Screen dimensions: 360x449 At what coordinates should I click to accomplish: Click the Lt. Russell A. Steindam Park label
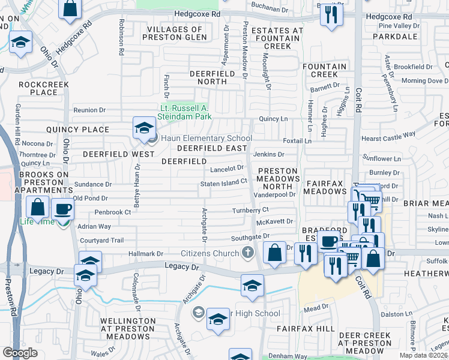coord(185,112)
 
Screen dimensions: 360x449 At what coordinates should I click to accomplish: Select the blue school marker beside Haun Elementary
coord(144,129)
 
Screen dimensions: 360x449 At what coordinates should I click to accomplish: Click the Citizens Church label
coord(209,253)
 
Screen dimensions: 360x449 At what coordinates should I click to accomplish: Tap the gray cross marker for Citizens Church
coord(247,253)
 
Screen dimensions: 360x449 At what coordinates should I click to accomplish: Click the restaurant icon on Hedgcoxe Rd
coord(330,14)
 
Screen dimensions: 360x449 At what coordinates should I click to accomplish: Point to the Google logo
coord(20,353)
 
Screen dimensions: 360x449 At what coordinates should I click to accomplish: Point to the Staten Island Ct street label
coord(224,183)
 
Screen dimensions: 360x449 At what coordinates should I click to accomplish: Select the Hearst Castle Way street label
coord(388,139)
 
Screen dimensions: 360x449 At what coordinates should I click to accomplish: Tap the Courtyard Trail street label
coord(101,241)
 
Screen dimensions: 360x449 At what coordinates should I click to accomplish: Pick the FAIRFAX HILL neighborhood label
coord(306,329)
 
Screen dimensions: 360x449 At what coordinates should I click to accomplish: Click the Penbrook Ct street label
coord(112,212)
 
